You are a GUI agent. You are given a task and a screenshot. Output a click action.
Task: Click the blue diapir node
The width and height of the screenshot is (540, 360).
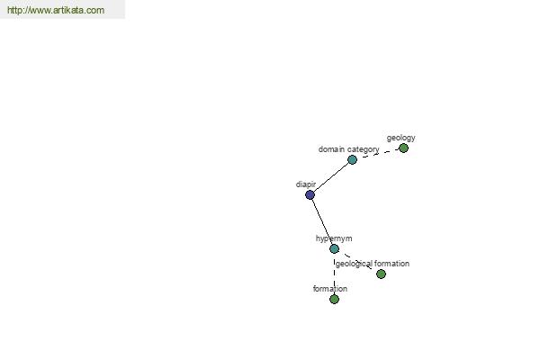(310, 195)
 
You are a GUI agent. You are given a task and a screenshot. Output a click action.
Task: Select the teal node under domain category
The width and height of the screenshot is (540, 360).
(352, 159)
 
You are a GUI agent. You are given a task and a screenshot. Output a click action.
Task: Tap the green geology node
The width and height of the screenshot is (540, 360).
(403, 148)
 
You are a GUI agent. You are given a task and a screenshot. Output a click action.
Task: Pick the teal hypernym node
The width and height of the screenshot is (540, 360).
(335, 248)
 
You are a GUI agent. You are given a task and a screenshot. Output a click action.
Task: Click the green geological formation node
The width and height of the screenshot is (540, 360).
(382, 274)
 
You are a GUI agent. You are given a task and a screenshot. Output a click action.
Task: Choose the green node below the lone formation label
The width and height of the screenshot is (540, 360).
(335, 300)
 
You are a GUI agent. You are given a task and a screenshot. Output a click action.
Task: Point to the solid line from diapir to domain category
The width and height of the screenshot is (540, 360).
(331, 177)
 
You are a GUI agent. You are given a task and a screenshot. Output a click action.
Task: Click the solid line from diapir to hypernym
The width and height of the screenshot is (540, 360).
(322, 222)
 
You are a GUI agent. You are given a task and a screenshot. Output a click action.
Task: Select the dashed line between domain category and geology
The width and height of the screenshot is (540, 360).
(378, 154)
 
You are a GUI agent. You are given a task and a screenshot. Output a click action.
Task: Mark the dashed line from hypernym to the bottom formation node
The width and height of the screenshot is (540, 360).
(335, 274)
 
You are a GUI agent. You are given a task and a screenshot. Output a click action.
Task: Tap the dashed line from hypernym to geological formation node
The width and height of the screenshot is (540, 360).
(358, 262)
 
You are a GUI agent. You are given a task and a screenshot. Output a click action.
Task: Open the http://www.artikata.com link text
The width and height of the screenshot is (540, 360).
(56, 10)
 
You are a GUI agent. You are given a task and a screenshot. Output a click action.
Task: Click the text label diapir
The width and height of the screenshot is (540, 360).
(306, 184)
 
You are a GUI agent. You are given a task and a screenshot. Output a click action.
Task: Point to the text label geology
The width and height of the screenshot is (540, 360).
(400, 138)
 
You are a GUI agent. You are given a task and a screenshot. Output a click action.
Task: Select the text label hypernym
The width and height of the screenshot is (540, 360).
(334, 238)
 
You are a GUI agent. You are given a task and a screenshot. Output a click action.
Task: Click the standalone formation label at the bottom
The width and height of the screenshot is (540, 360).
(330, 289)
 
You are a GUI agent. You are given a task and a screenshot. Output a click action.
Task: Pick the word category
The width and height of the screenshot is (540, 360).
(363, 150)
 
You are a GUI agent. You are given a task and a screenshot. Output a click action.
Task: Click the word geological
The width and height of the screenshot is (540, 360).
(354, 264)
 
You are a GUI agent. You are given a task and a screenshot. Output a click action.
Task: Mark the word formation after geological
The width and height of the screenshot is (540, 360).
(391, 264)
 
